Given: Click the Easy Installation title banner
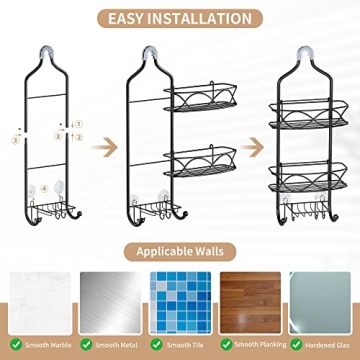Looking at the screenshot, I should pos(179,17).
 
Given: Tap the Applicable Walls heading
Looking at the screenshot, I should pos(180,249).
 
